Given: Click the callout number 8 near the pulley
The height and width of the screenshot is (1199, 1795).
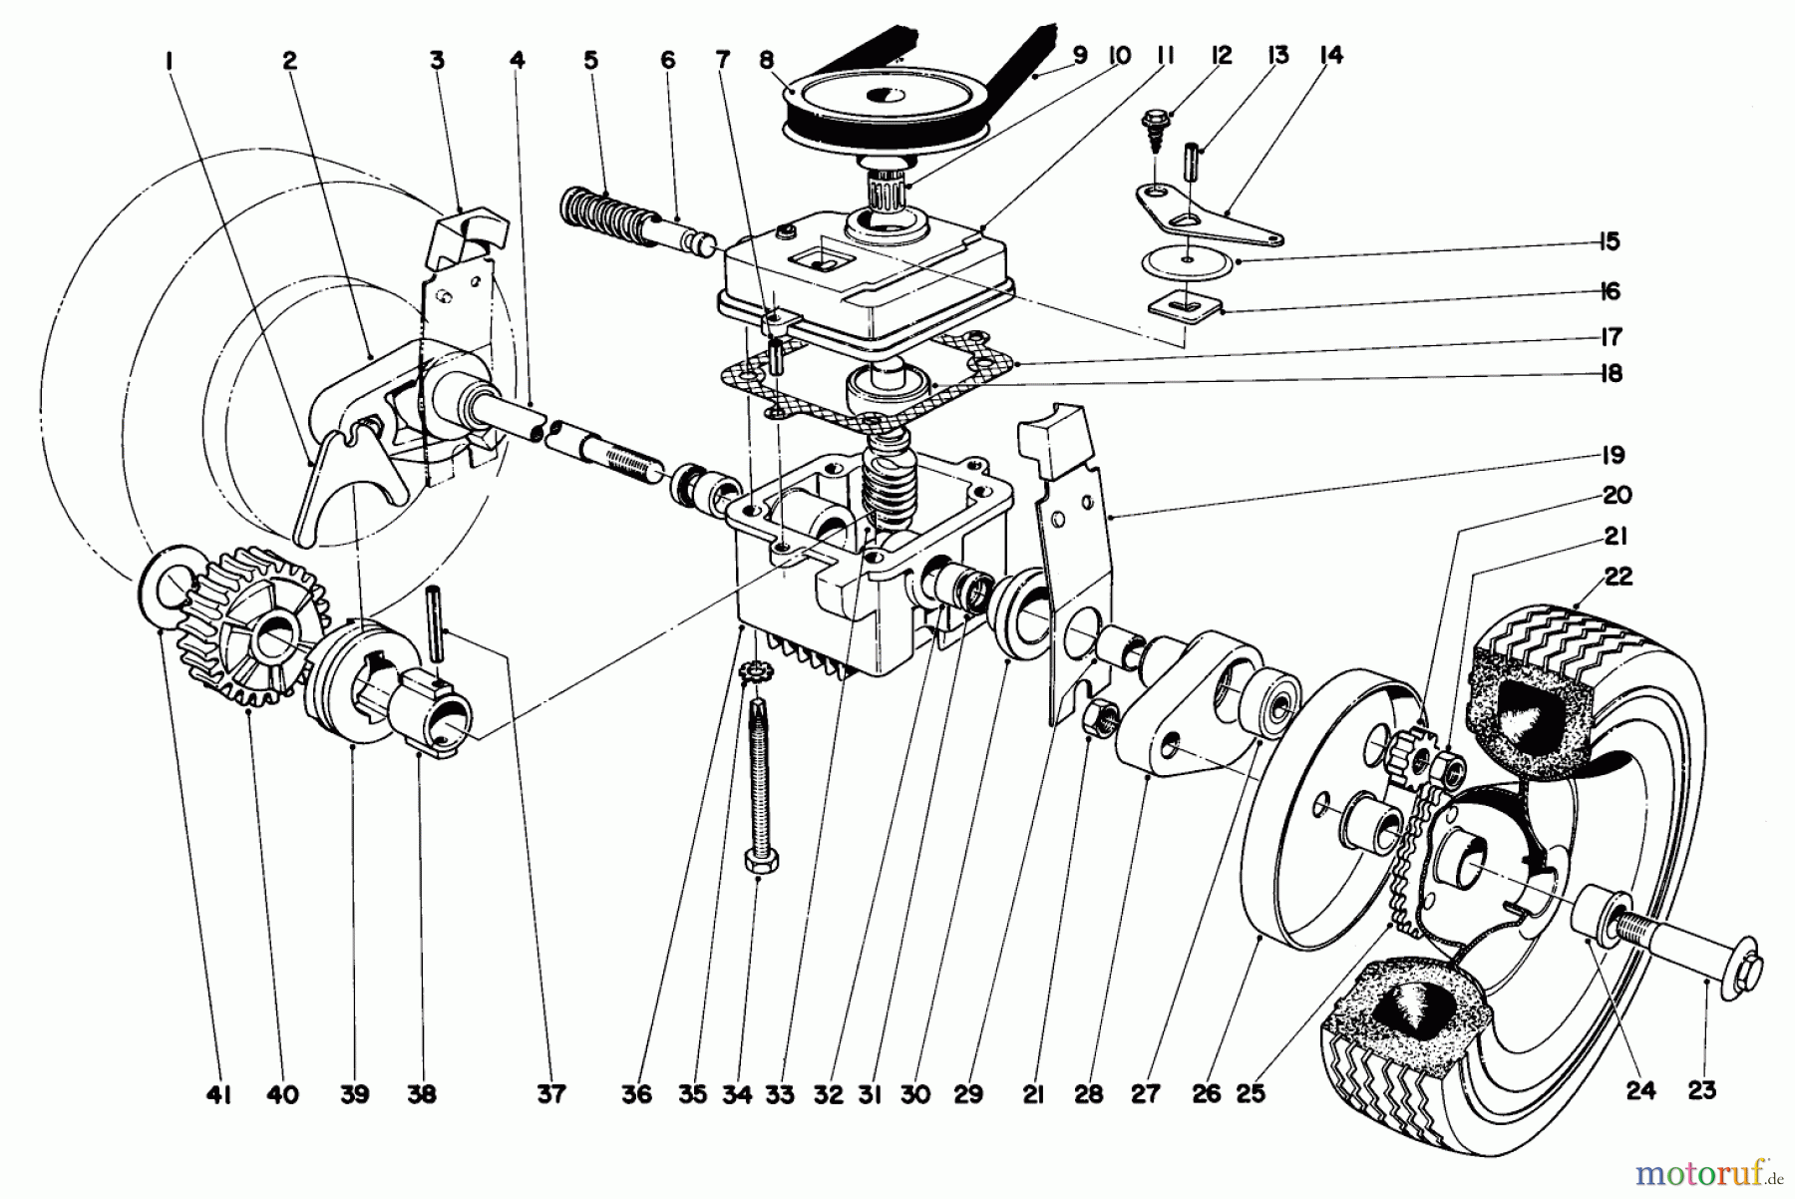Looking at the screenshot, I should coord(766,60).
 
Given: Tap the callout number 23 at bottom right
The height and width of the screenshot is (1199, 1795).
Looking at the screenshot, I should coord(1701,1091).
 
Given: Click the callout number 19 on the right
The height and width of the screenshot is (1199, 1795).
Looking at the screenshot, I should coord(1614,455).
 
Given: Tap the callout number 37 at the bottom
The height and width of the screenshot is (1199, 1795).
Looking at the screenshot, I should coord(550,1094).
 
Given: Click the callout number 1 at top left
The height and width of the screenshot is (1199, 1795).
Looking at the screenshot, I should coord(170,60).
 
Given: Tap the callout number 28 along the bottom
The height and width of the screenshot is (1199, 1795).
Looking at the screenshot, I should coord(1089,1094).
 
